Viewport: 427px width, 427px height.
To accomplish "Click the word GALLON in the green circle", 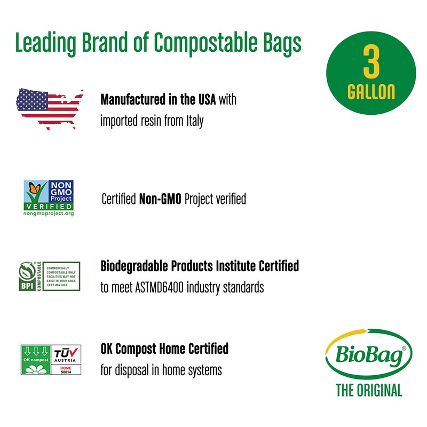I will pos(371,92).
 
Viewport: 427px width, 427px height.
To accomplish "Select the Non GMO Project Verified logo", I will pos(49,198).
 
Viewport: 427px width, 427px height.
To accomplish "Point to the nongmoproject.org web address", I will pos(49,213).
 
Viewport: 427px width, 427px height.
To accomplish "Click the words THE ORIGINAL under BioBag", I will pos(369,391).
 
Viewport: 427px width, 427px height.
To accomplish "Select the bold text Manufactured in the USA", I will pos(161,100).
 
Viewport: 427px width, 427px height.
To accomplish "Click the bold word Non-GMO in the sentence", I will pos(156,200).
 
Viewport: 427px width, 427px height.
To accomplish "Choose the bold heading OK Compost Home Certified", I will pos(164,349).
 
